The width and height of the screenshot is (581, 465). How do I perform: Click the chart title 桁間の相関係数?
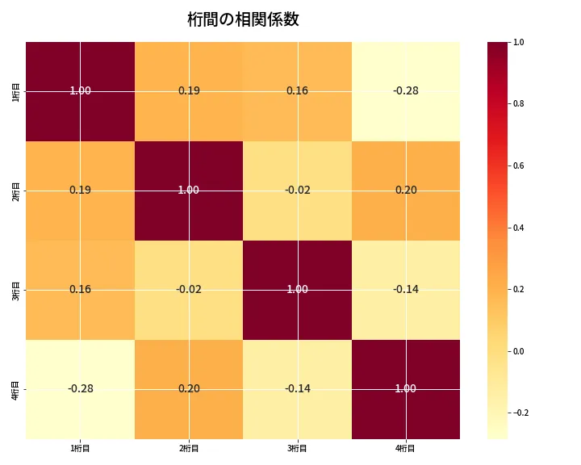(x=243, y=19)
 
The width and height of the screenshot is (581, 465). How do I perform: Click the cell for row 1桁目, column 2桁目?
(x=189, y=90)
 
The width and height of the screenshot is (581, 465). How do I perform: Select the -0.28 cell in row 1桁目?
(x=405, y=90)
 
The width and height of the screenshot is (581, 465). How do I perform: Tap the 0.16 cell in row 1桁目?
(x=297, y=90)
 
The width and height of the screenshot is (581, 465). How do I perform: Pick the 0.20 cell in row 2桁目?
(x=405, y=190)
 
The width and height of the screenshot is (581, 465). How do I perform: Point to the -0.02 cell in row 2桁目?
(x=297, y=190)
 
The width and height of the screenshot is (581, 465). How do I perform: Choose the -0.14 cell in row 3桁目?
(x=405, y=289)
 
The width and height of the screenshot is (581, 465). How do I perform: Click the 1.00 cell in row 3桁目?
(x=297, y=289)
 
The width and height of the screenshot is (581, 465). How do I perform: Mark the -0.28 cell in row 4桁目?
(x=81, y=388)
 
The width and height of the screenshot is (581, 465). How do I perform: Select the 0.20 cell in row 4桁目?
(x=189, y=388)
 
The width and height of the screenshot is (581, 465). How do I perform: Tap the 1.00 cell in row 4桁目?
(x=405, y=388)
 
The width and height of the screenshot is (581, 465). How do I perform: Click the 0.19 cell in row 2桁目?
(x=81, y=190)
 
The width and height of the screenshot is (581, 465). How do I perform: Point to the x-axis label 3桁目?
(x=297, y=448)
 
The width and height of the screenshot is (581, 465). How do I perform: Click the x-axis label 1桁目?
(x=81, y=448)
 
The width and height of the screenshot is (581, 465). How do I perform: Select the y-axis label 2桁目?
(x=16, y=190)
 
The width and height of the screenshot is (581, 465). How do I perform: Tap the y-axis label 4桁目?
(x=16, y=388)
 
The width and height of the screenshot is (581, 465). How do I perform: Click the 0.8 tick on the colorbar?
(x=519, y=103)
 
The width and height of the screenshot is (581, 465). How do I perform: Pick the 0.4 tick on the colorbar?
(x=519, y=228)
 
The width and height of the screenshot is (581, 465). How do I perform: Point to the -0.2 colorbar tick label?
(x=520, y=413)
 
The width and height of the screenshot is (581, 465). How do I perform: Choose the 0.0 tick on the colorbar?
(x=519, y=351)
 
